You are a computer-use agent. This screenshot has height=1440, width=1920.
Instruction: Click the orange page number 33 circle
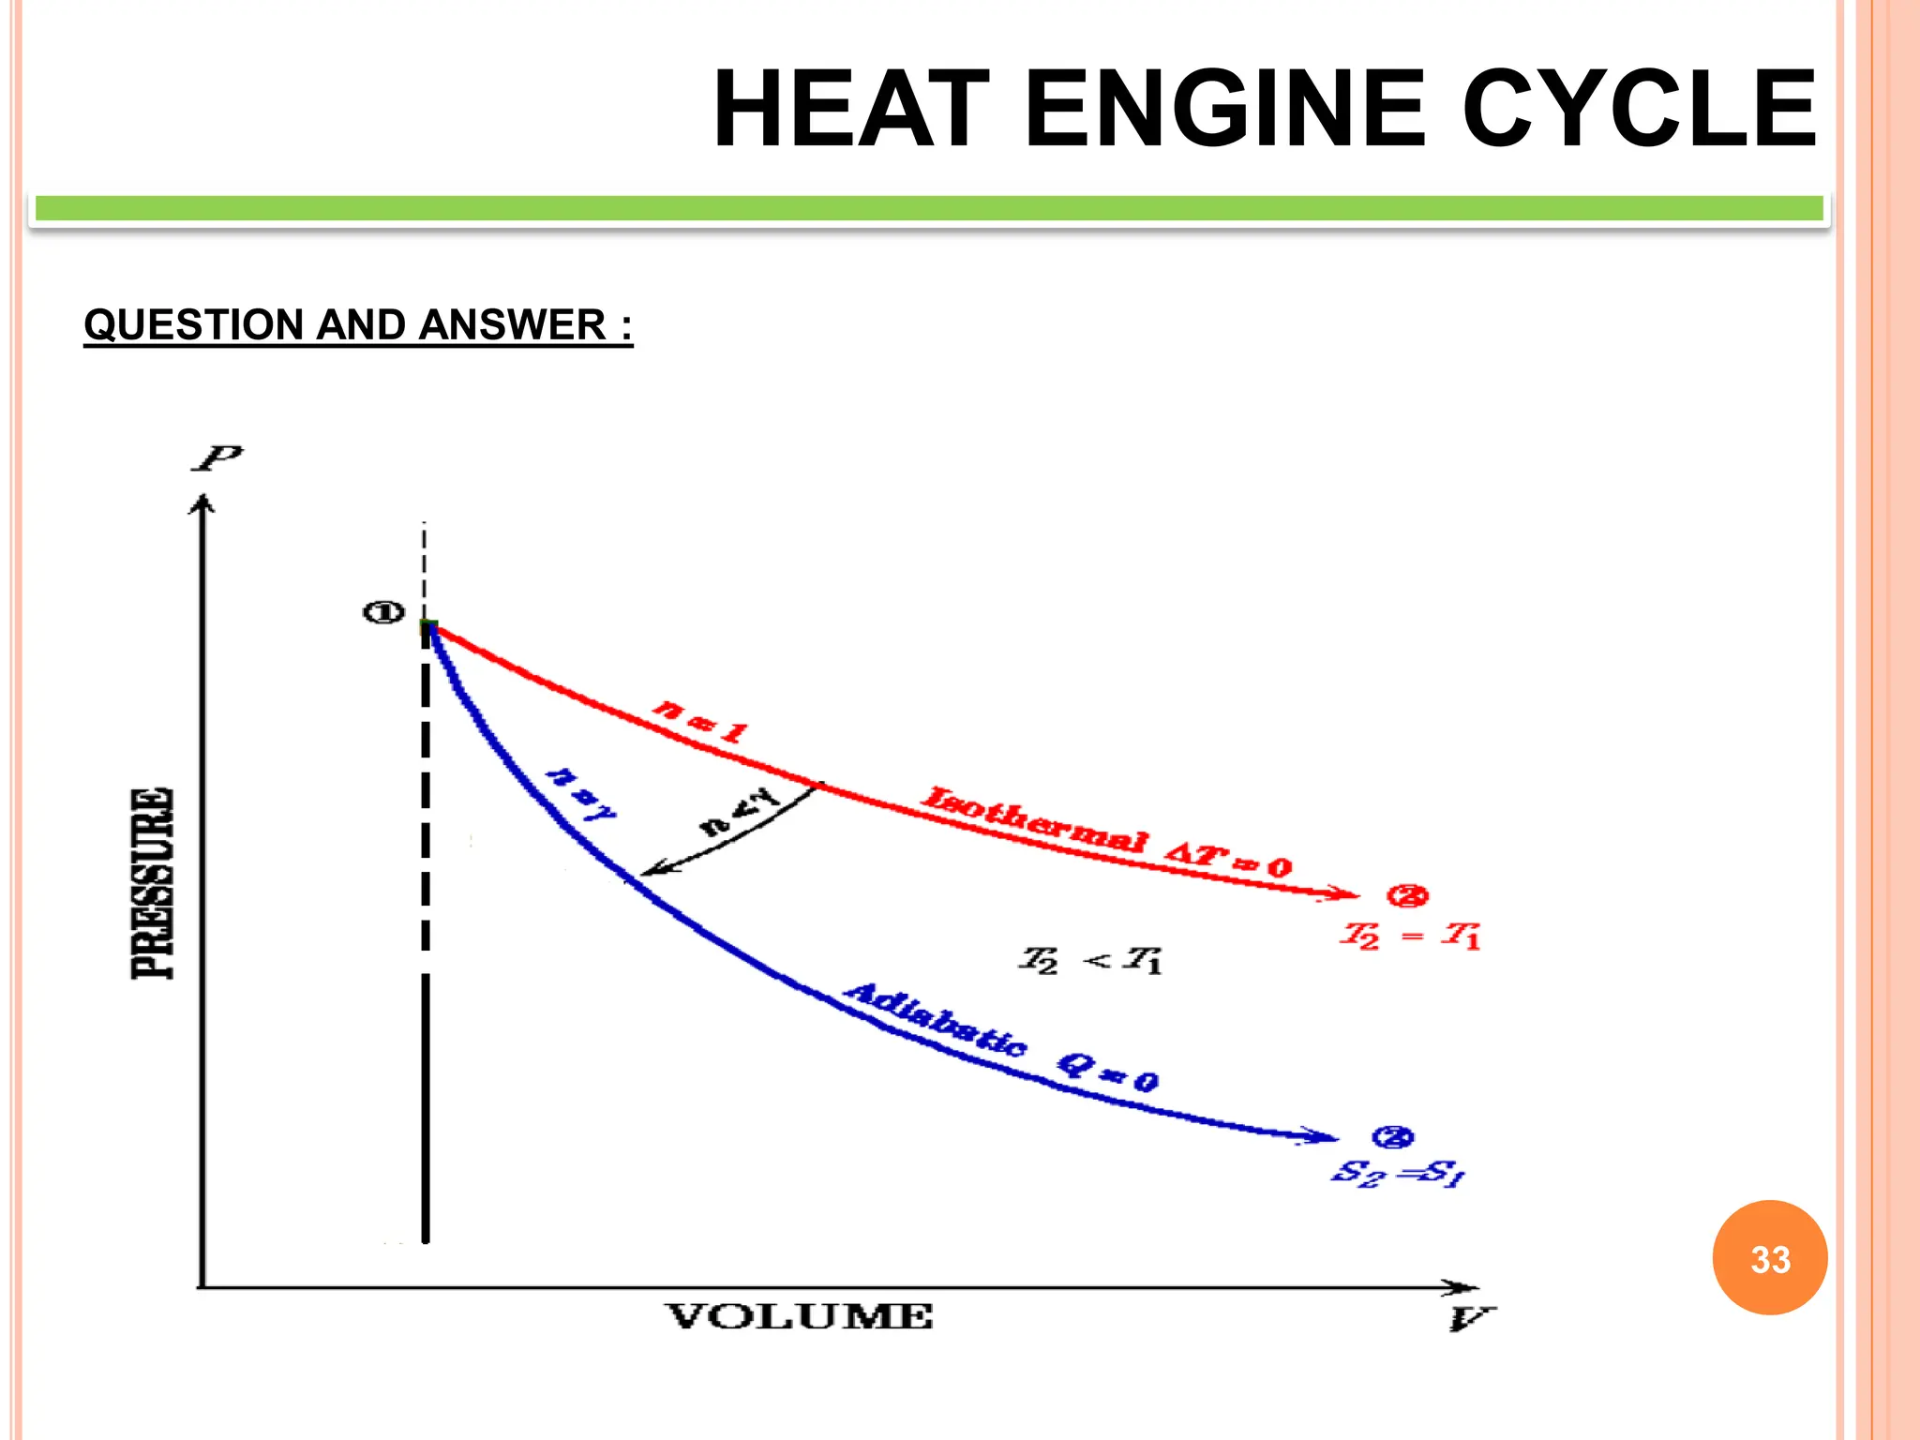[x=1770, y=1258]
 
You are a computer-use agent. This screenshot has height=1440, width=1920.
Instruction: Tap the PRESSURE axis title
[x=153, y=883]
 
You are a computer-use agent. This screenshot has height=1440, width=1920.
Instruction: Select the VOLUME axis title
[x=800, y=1317]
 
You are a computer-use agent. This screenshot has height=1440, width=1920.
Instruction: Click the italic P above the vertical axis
[x=217, y=458]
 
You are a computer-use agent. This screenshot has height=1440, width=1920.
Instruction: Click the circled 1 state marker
[x=383, y=613]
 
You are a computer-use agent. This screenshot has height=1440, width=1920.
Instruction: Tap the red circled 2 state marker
[x=1407, y=896]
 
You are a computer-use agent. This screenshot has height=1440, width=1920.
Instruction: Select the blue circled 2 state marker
[x=1392, y=1137]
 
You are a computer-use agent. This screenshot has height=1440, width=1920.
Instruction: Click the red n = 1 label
[x=701, y=720]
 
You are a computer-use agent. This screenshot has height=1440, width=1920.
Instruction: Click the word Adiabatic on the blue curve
[x=935, y=1020]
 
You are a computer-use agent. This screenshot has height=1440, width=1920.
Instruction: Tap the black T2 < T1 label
[x=1091, y=960]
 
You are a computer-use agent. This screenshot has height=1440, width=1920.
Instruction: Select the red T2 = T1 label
[x=1410, y=936]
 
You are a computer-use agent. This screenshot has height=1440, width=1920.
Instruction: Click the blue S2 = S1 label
[x=1398, y=1173]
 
